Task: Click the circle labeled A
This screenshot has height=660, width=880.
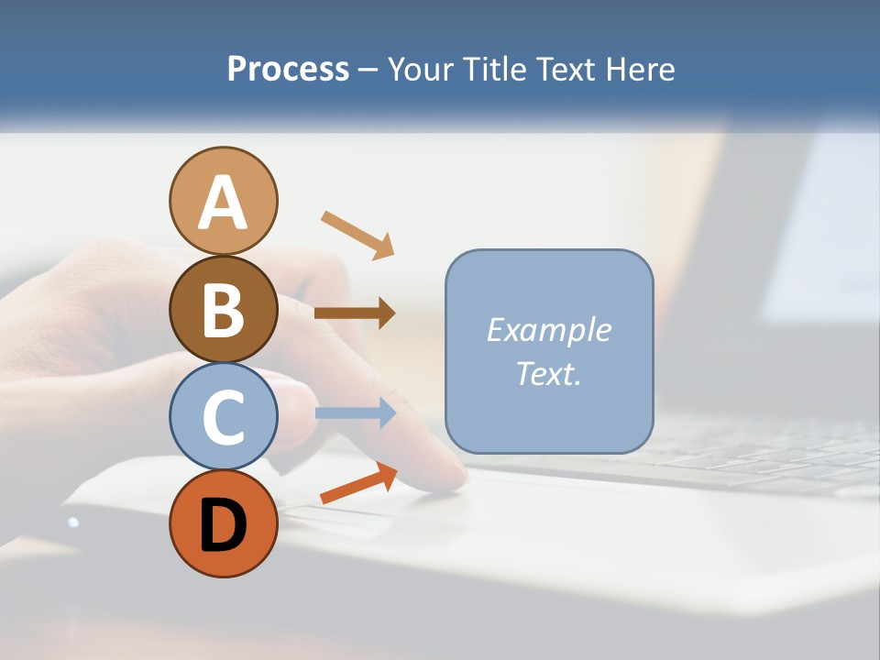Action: [223, 201]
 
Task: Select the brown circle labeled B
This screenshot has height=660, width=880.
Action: [223, 309]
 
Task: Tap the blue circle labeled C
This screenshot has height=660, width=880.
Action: [223, 417]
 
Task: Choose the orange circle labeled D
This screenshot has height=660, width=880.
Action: [223, 524]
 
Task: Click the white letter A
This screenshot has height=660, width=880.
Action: [223, 203]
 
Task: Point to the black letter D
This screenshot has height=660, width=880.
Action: [223, 526]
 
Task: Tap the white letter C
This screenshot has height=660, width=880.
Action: [223, 418]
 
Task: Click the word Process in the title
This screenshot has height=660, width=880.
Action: [288, 70]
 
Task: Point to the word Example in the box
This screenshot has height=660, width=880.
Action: [548, 330]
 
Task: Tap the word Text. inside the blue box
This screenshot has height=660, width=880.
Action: [548, 373]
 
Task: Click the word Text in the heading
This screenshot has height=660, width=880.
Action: [565, 70]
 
